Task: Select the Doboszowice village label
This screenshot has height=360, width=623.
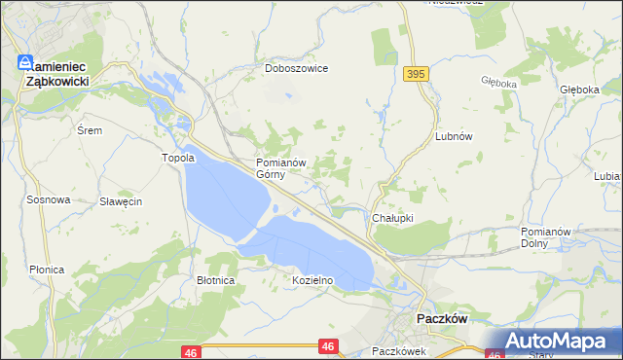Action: tap(297, 69)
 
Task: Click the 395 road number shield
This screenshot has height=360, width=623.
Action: tap(416, 74)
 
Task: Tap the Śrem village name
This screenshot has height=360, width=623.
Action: tap(90, 129)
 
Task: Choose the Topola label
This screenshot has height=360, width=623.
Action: tap(178, 158)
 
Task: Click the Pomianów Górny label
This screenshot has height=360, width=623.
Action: tap(281, 168)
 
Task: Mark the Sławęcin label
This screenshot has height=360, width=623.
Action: tap(122, 201)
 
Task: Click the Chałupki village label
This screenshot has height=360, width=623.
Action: tap(393, 218)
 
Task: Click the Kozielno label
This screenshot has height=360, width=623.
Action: tap(313, 280)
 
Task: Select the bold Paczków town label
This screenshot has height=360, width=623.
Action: tap(443, 318)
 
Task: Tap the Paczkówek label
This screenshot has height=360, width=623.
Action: tap(399, 351)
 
